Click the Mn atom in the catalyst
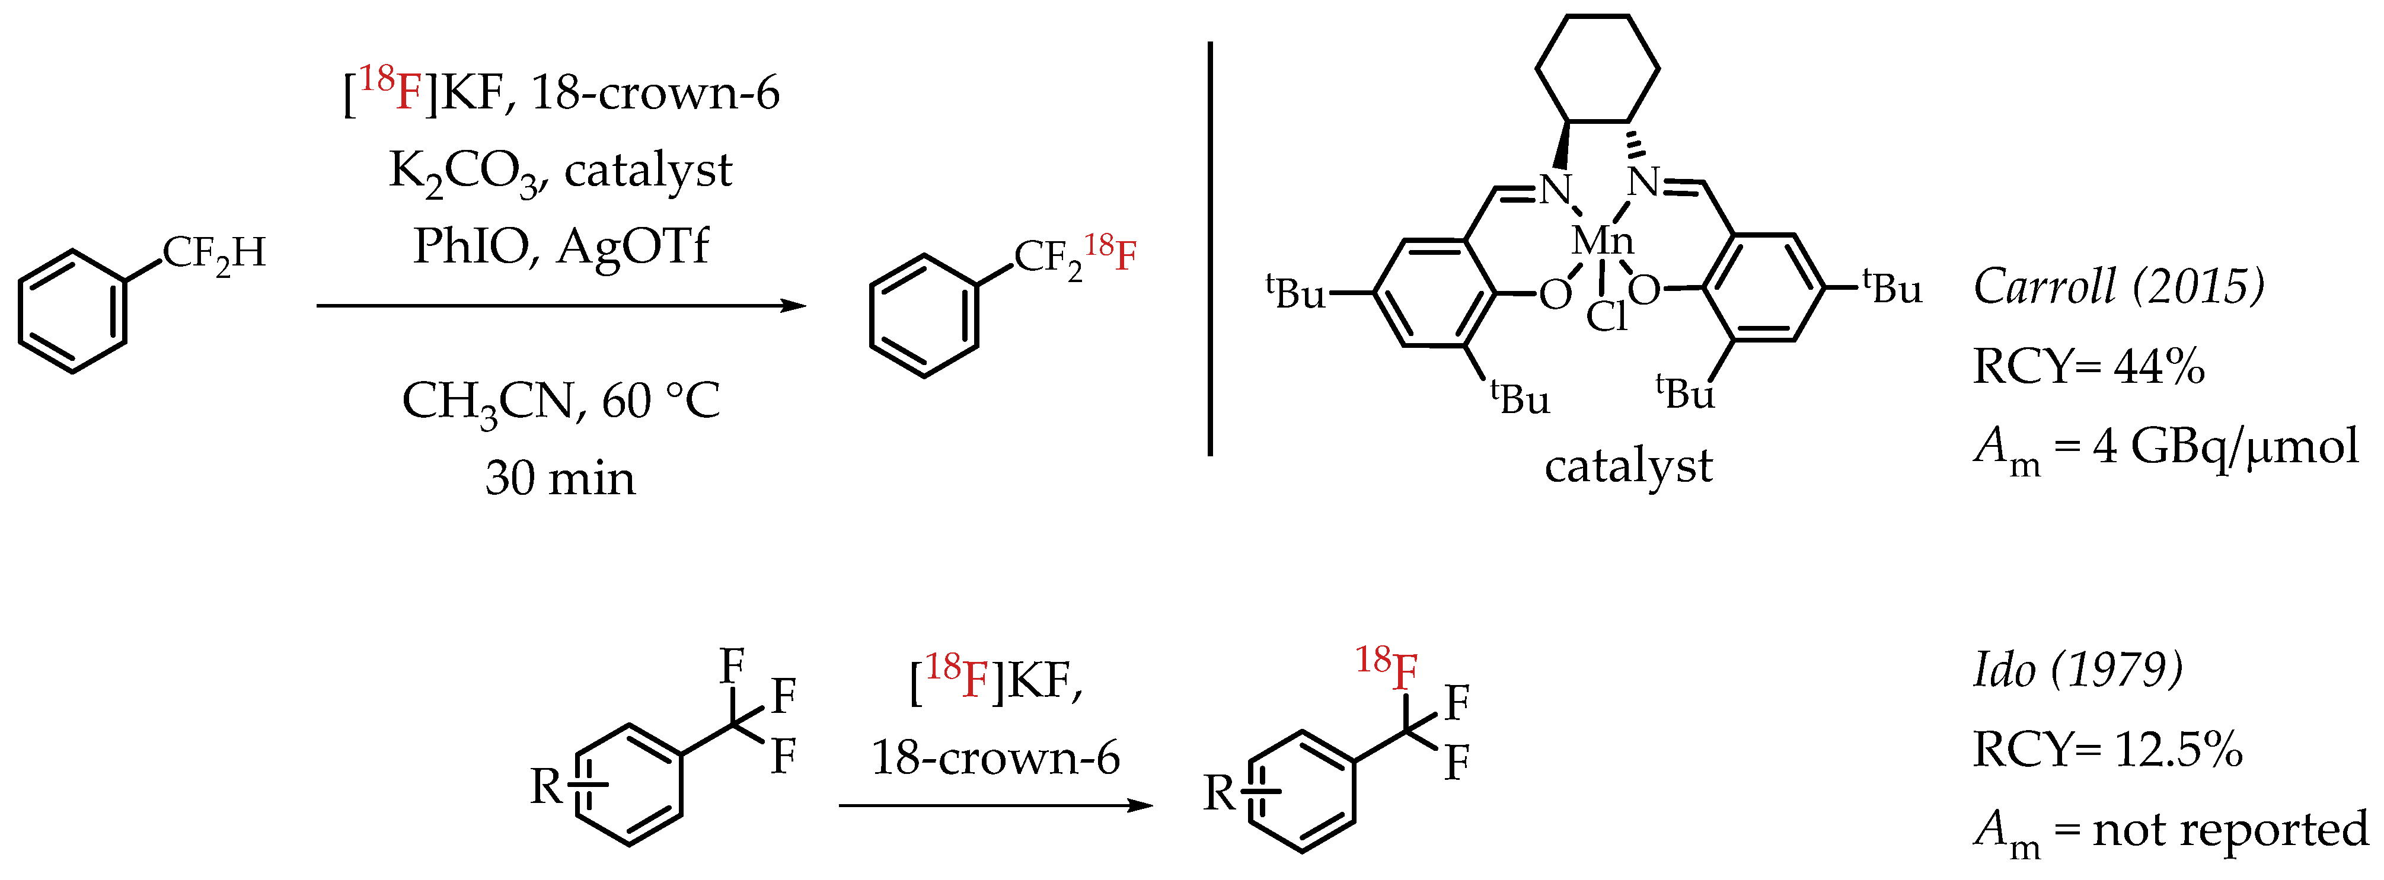(x=1602, y=242)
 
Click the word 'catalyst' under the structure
(x=1628, y=465)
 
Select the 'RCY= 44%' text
(x=2088, y=366)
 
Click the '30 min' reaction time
(x=560, y=478)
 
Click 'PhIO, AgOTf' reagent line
(x=560, y=246)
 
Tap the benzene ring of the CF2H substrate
(x=72, y=311)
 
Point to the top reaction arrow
(x=560, y=305)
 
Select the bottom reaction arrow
(x=995, y=805)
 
